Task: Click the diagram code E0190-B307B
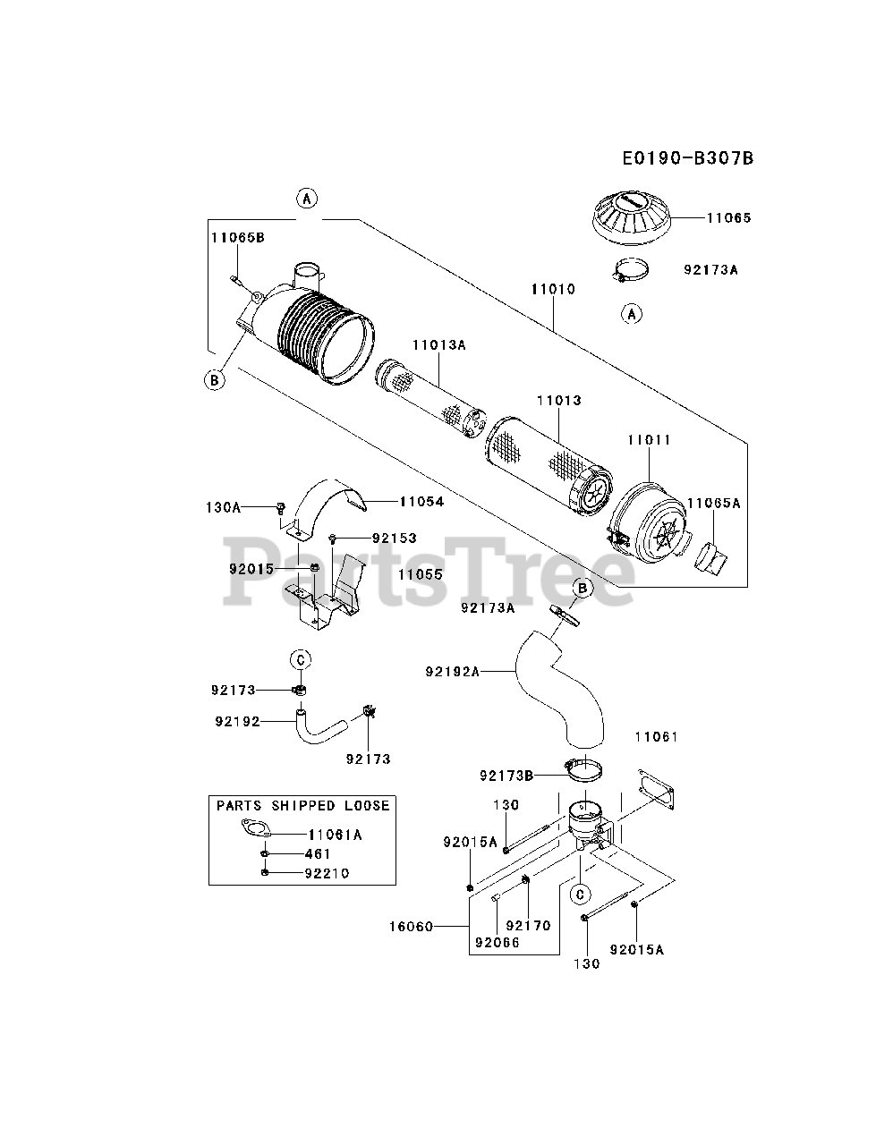coord(688,158)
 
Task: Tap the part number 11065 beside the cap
coord(729,217)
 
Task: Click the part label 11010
coord(553,289)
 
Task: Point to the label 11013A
coord(438,344)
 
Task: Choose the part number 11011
coord(649,440)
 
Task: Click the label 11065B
coord(237,237)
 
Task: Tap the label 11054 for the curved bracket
coord(421,501)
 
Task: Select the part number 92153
coord(395,538)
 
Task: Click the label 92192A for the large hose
coord(453,672)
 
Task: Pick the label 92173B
coord(506,776)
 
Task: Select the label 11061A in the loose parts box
coord(335,835)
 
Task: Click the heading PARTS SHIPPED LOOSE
coord(303,805)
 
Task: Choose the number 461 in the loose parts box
coord(318,854)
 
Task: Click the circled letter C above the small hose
coord(301,660)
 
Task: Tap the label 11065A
coord(713,503)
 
